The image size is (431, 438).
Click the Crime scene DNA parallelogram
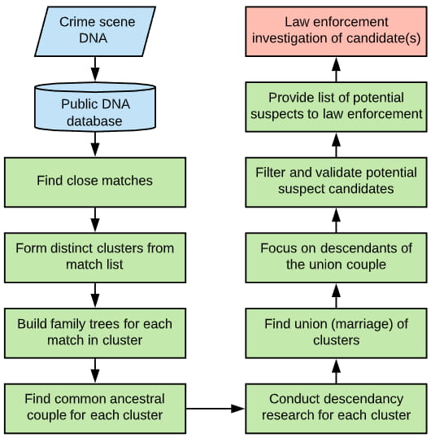coord(95,32)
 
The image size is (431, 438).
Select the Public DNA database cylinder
coord(95,107)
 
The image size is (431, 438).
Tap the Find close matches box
coord(95,182)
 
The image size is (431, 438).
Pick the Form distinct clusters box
coord(95,257)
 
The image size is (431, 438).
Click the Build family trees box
coord(95,333)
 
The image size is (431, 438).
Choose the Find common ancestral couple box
coord(95,409)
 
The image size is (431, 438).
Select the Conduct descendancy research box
coord(336,409)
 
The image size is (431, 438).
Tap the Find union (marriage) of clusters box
coord(336,333)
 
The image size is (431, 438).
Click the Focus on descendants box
coord(336,257)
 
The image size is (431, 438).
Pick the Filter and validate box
coord(336,182)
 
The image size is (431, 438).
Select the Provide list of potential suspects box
coord(336,107)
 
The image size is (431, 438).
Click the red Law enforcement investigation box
coord(336,32)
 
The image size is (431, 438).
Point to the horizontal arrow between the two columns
coord(215,409)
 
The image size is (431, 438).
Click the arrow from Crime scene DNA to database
coord(95,69)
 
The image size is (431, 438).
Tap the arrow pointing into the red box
coord(336,69)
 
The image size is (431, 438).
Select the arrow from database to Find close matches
coord(95,144)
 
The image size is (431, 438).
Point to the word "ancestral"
coord(137,399)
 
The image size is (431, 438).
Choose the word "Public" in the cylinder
coord(76,104)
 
